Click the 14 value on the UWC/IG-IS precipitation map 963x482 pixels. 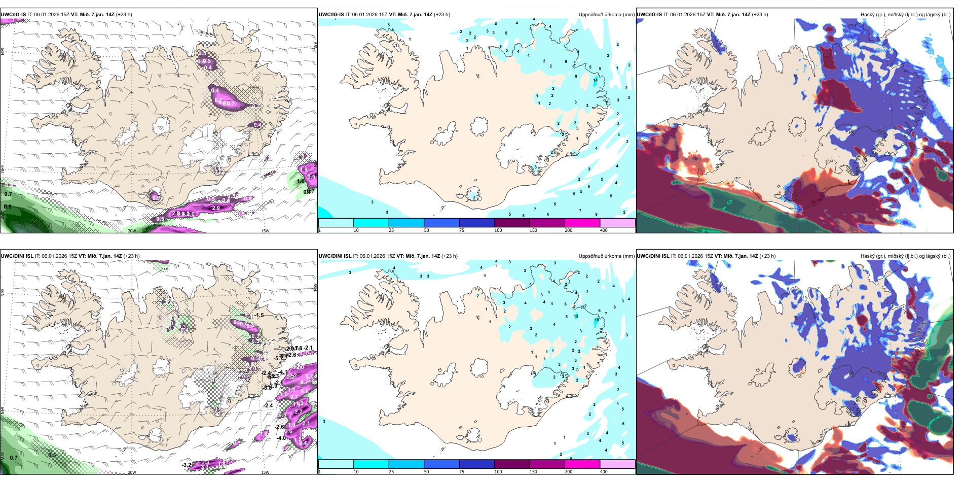(596, 80)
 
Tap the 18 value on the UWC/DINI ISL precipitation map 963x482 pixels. (597, 320)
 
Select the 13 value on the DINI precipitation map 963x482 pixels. (576, 316)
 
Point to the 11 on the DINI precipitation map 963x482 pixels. (583, 307)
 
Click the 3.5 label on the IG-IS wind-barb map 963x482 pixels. (311, 177)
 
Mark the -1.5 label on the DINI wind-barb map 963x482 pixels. (260, 315)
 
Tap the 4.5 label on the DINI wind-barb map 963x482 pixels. (305, 443)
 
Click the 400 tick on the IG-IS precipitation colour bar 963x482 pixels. (604, 230)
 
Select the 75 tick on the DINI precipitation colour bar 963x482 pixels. (462, 472)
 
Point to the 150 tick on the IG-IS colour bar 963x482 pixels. (533, 230)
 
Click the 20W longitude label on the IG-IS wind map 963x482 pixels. (132, 231)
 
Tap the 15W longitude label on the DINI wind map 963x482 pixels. (265, 472)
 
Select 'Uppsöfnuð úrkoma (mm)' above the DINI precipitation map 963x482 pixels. (606, 256)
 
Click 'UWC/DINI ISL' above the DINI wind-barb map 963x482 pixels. (17, 256)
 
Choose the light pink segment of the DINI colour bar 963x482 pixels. (617, 464)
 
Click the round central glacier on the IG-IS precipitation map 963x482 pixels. (479, 126)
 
